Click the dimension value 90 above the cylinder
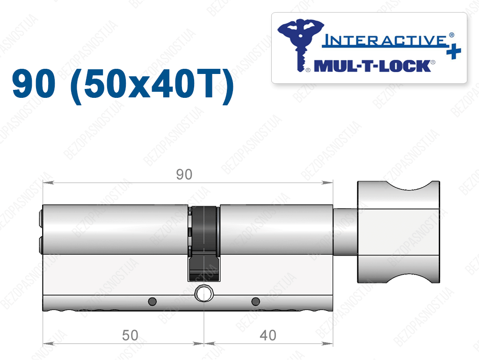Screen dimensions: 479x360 184,174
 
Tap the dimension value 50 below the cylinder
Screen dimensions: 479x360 130,335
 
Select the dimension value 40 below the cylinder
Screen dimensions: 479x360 268,335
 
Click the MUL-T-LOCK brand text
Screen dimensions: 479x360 372,66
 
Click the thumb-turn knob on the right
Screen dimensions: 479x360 399,232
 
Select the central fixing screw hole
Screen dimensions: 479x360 204,294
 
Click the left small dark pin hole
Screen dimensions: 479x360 152,301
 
